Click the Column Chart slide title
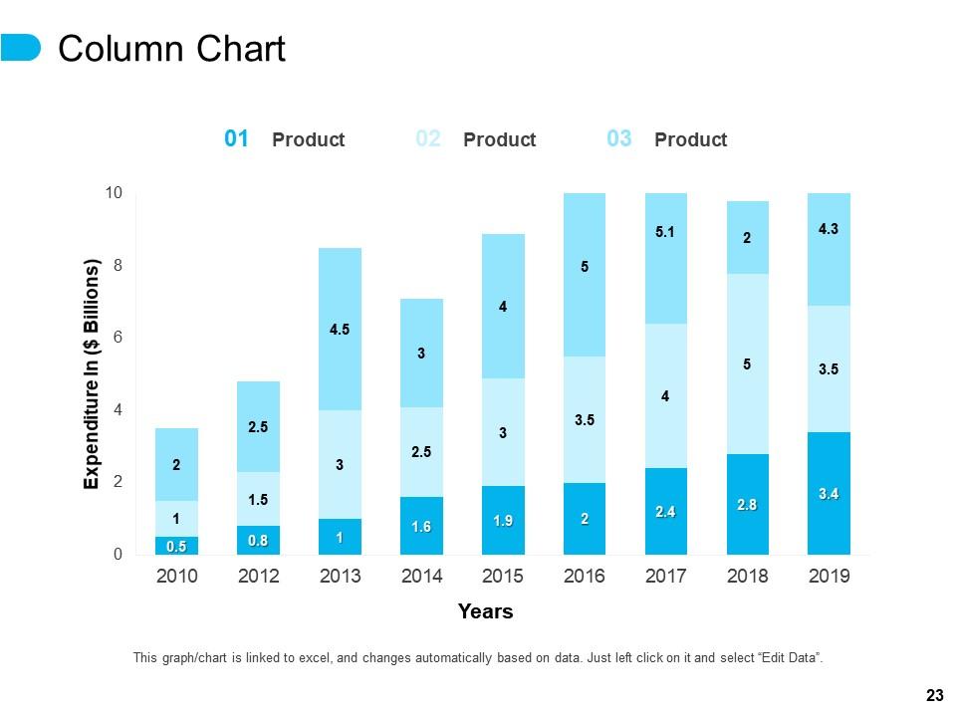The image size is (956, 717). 172,49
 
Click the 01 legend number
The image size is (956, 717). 236,139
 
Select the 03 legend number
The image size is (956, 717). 618,139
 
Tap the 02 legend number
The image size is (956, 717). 427,139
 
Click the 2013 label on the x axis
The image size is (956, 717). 340,576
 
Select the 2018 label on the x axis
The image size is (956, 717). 748,576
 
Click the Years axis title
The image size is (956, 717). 485,611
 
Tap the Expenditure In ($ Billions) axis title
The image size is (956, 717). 92,374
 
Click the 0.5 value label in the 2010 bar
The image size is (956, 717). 176,546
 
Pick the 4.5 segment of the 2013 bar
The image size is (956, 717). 340,330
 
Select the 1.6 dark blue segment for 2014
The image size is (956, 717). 421,526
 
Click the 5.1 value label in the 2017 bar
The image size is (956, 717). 665,233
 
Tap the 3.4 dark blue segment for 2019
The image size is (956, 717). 829,493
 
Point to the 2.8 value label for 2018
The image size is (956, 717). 747,505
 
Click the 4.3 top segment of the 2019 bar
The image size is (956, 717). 829,249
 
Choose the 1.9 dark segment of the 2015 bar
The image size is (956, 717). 503,521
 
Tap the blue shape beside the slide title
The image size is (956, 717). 20,48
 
